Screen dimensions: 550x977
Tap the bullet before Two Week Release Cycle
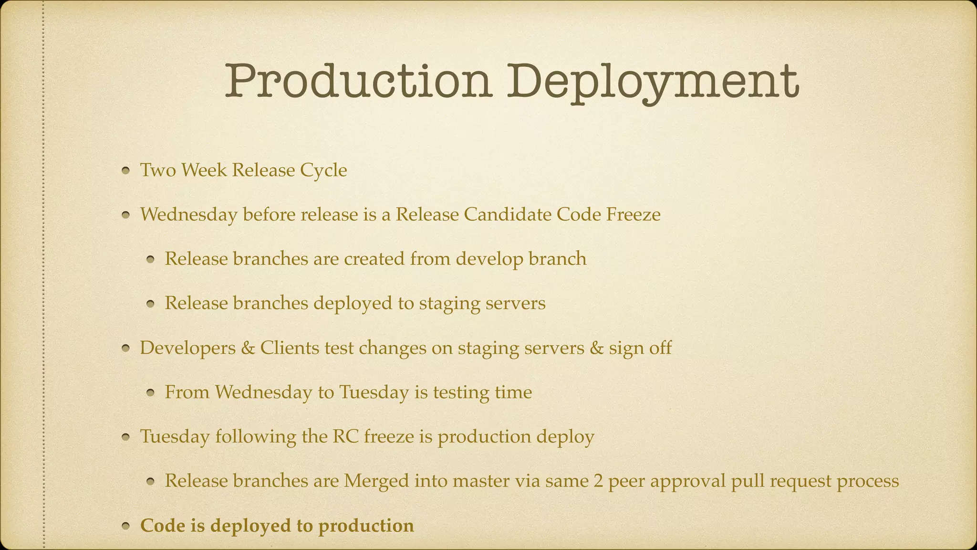point(126,171)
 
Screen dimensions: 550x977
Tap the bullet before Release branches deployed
point(151,304)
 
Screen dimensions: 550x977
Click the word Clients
point(290,348)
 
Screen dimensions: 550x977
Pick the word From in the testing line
point(187,392)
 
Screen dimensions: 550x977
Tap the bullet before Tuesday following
point(126,437)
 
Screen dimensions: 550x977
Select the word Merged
point(376,481)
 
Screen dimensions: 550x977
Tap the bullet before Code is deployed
point(126,527)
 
